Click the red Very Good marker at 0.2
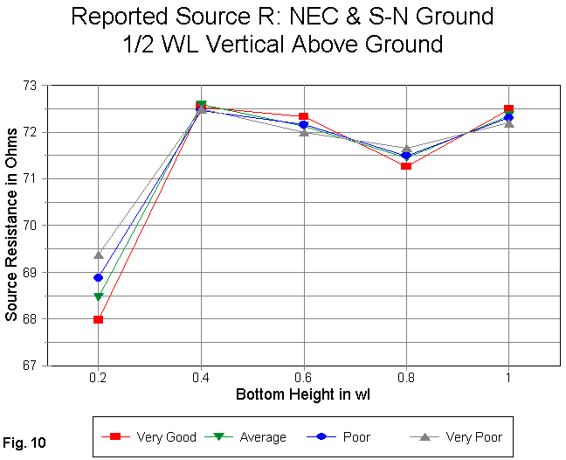99,319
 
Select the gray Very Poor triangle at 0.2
99,255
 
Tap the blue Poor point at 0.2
99,278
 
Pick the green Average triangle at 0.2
99,297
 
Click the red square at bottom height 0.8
406,165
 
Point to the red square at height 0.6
303,116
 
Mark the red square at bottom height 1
508,109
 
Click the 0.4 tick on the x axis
201,378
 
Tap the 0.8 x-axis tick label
406,378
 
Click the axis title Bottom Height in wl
303,395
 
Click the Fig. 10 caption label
27,443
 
